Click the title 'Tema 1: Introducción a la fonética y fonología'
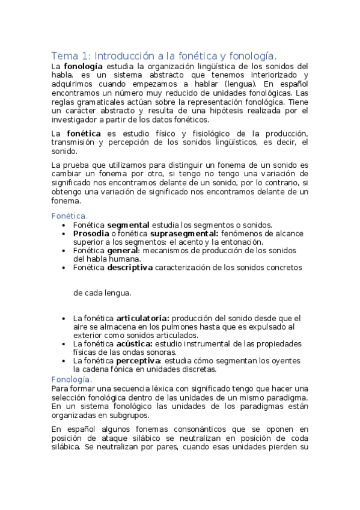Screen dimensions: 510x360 (164, 55)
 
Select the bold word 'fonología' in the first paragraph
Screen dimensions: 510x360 (84, 66)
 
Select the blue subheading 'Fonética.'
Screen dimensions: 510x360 (69, 215)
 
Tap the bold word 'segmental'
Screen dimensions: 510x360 (128, 224)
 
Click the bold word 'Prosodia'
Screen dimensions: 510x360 (92, 233)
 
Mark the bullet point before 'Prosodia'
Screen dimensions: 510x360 (64, 233)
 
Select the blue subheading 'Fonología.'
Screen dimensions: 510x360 (71, 379)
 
